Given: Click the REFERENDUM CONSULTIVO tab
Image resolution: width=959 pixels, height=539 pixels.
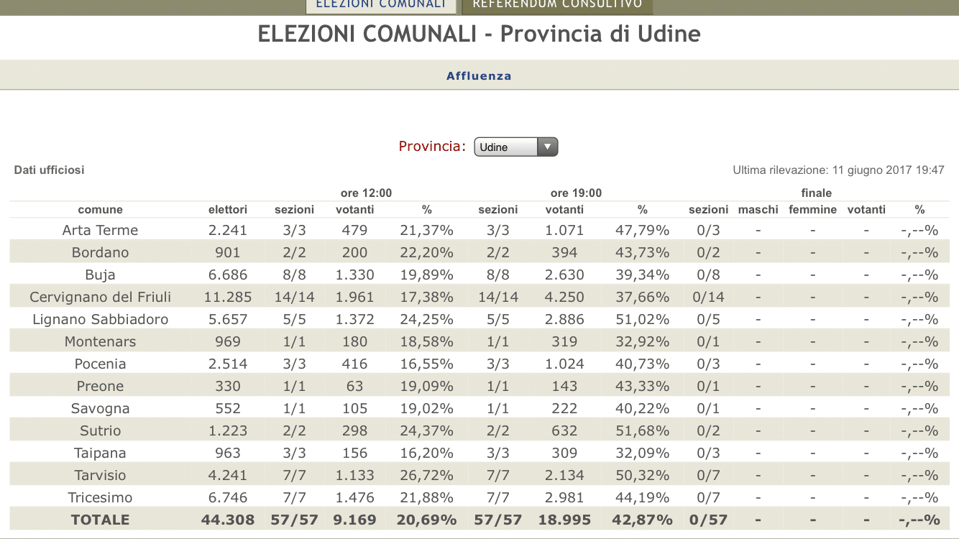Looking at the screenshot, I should click(557, 5).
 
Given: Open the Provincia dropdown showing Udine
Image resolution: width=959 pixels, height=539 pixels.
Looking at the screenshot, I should click(515, 147).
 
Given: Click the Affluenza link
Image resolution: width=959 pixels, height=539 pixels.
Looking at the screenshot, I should click(479, 76).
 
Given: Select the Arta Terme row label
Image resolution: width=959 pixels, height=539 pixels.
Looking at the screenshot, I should click(100, 231).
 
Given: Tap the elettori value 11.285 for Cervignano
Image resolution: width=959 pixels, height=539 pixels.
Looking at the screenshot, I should click(227, 298).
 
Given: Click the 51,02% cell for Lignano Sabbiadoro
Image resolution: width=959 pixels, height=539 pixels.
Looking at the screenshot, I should click(642, 320).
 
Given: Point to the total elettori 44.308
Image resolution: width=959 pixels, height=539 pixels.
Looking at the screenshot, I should click(227, 520).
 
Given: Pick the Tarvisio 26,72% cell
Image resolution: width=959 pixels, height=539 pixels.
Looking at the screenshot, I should click(426, 476).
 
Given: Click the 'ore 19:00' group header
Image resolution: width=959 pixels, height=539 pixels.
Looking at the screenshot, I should click(576, 193).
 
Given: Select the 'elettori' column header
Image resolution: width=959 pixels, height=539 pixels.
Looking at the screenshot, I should click(227, 210).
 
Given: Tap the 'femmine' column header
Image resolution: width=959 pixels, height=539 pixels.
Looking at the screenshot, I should click(812, 210).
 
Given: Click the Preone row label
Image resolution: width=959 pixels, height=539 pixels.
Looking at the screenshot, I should click(100, 387).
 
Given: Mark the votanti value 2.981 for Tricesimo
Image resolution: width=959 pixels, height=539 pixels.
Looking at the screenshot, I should click(564, 498).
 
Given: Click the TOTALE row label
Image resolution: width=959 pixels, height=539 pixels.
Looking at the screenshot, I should click(100, 520).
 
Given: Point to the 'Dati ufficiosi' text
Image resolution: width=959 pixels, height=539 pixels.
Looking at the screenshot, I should click(49, 170).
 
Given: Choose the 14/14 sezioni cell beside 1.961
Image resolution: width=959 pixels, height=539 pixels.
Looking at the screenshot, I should click(295, 298).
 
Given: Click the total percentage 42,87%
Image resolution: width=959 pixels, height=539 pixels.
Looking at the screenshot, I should click(642, 520).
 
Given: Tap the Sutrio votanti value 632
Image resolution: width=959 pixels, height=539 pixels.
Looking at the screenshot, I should click(564, 431).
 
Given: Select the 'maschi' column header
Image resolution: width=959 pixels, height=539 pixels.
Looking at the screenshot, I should click(758, 210).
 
